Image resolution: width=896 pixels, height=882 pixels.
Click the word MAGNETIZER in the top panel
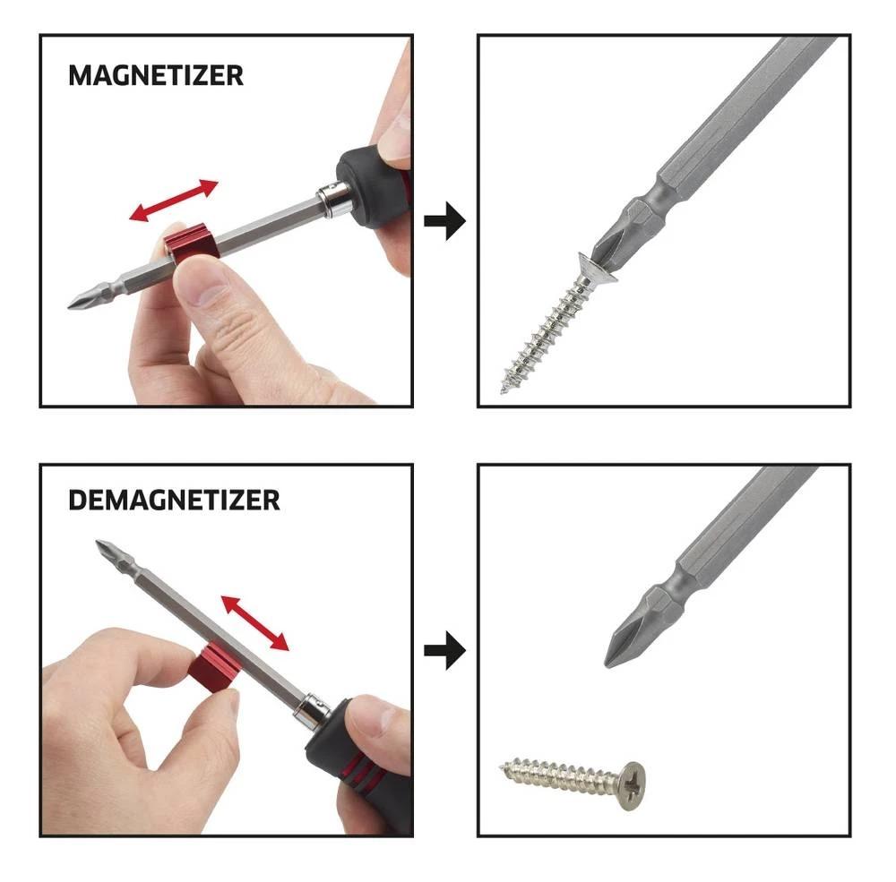tap(155, 75)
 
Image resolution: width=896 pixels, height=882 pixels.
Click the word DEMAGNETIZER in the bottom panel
tap(174, 500)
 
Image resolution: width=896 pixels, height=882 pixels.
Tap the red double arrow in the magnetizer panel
tap(174, 201)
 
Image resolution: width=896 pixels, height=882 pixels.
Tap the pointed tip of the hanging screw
tap(505, 389)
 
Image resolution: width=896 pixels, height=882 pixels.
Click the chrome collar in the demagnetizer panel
tap(314, 711)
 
